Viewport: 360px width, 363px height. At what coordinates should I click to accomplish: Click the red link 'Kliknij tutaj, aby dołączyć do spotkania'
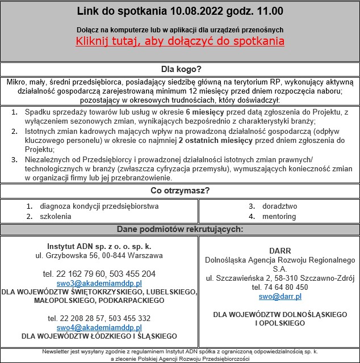(180, 41)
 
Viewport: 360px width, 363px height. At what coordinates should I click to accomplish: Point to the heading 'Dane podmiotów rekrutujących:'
(180, 230)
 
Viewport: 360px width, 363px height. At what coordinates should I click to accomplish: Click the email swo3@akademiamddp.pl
(99, 283)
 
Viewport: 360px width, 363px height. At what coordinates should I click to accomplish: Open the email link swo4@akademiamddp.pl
(99, 327)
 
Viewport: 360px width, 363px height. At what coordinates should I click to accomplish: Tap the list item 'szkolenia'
(56, 216)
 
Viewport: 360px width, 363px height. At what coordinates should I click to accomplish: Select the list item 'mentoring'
(279, 216)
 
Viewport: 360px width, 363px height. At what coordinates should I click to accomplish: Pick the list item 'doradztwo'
(279, 206)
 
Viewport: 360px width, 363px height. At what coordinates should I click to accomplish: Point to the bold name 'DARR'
(279, 250)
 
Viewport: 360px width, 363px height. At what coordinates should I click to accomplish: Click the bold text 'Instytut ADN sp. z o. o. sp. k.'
(99, 246)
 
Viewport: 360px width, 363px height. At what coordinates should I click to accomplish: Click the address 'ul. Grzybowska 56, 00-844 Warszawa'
(99, 255)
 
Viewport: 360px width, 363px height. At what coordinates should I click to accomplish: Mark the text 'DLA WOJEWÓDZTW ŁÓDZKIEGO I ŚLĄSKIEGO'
(99, 336)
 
